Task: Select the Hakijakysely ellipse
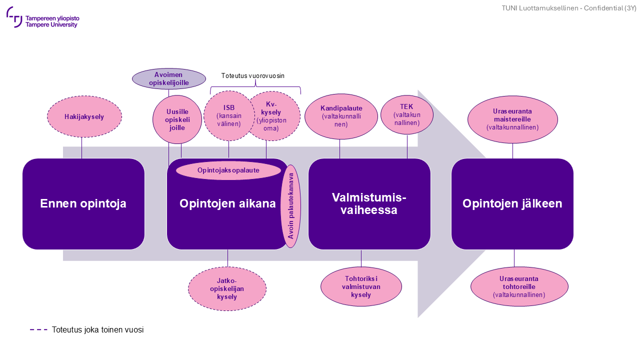point(84,117)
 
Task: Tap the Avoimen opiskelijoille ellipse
point(169,79)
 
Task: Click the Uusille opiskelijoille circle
point(177,119)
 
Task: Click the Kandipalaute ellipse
point(341,116)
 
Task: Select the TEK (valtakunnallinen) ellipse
point(407,115)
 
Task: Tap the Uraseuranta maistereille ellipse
point(512,119)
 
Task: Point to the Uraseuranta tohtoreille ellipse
point(519,286)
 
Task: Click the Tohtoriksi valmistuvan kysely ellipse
point(361,286)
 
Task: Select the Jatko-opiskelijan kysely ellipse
point(227,289)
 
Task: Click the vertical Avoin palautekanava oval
point(291,206)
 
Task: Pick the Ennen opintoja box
point(83,204)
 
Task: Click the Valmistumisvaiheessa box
point(369,204)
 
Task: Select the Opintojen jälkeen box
point(512,204)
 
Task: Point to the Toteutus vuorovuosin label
point(253,76)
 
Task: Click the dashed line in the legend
point(38,330)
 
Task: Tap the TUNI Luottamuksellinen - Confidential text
point(569,8)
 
